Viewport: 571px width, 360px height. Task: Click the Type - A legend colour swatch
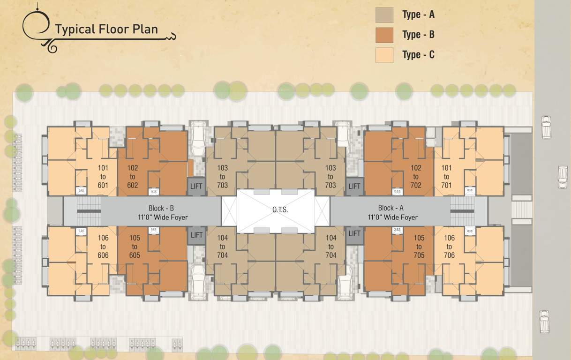(x=384, y=15)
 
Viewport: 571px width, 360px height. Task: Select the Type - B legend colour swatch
(x=384, y=35)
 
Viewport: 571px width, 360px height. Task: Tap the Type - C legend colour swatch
(x=384, y=55)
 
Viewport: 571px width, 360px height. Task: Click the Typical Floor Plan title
(x=106, y=30)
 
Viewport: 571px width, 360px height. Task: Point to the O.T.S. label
(x=280, y=210)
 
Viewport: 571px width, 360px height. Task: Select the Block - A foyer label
(x=392, y=212)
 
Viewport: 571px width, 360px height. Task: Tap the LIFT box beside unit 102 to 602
(x=196, y=186)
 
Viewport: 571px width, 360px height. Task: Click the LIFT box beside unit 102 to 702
(x=354, y=186)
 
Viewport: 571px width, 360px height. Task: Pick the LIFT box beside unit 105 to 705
(x=354, y=233)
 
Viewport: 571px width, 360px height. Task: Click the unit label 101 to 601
(x=103, y=176)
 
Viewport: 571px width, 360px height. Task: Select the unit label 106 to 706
(x=449, y=247)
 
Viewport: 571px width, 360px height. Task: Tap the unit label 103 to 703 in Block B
(x=222, y=176)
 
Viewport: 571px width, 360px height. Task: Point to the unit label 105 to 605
(x=135, y=247)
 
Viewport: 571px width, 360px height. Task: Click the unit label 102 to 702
(x=416, y=176)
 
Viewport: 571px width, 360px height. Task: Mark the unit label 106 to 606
(x=103, y=247)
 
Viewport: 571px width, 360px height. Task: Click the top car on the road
(x=546, y=127)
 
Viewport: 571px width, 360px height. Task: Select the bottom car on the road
(x=544, y=321)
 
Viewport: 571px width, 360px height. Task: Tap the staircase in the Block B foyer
(x=88, y=210)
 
